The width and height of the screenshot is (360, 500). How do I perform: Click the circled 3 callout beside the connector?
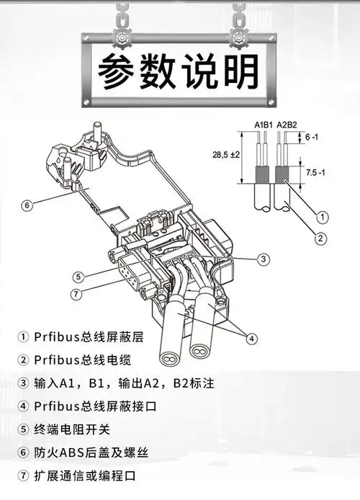coord(264,259)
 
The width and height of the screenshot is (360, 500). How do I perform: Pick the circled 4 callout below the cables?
coord(251,338)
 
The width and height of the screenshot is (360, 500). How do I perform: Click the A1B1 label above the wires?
coord(264,125)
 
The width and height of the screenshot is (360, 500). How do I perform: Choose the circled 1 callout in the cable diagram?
coord(323,216)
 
